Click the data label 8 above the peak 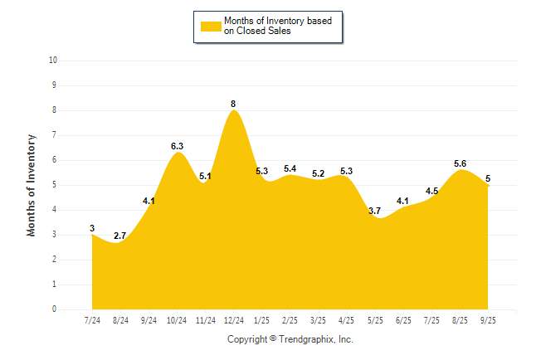pyautogui.click(x=233, y=104)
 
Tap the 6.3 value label pyautogui.click(x=177, y=146)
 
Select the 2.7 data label pyautogui.click(x=119, y=236)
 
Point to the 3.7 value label pyautogui.click(x=375, y=211)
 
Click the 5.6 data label pyautogui.click(x=460, y=163)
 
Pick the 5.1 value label pyautogui.click(x=205, y=176)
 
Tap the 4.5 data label pyautogui.click(x=432, y=191)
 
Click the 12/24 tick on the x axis pyautogui.click(x=233, y=320)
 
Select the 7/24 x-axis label pyautogui.click(x=92, y=320)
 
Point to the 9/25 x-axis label pyautogui.click(x=489, y=320)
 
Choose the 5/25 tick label pyautogui.click(x=375, y=320)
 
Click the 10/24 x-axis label pyautogui.click(x=177, y=320)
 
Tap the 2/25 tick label pyautogui.click(x=290, y=320)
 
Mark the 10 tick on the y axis pyautogui.click(x=53, y=61)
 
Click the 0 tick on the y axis pyautogui.click(x=54, y=309)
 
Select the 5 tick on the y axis pyautogui.click(x=54, y=185)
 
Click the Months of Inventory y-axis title pyautogui.click(x=32, y=185)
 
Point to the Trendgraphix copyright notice pyautogui.click(x=290, y=339)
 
